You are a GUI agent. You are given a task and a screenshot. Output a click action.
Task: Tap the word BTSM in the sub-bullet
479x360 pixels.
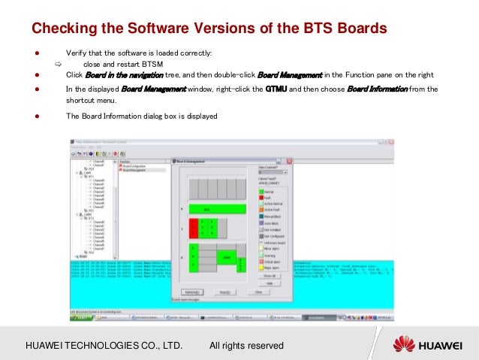point(136,64)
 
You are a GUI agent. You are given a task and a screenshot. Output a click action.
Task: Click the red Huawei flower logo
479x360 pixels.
point(404,345)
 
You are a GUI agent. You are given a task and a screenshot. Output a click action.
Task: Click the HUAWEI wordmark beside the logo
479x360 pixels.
point(444,346)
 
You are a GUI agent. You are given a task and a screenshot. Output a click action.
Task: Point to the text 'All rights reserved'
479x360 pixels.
point(246,346)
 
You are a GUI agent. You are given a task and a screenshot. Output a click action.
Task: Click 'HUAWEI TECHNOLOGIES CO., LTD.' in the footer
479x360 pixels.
point(104,346)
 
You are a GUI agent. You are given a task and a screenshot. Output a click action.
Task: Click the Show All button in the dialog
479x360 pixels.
point(270,276)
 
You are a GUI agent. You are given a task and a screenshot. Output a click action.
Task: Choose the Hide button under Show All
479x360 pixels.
point(270,283)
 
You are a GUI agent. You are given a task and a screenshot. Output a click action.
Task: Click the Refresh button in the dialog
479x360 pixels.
point(191,292)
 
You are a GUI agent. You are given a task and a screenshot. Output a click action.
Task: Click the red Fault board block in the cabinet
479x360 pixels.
point(194,228)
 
